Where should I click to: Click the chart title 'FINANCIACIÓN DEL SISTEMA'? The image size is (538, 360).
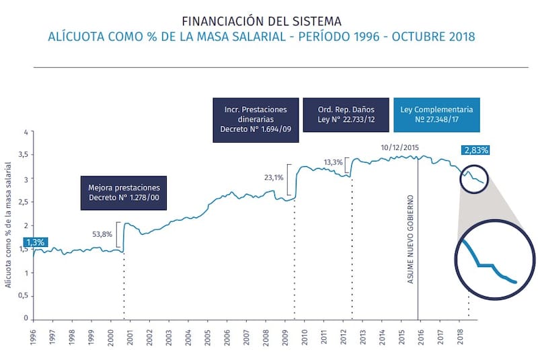(x=261, y=20)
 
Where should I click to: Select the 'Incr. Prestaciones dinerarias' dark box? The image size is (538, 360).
(x=250, y=118)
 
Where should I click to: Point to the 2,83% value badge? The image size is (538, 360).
(x=476, y=151)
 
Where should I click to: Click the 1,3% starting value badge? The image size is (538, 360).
(x=36, y=242)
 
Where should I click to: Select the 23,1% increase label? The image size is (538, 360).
(x=274, y=178)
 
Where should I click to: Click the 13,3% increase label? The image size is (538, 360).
(x=333, y=162)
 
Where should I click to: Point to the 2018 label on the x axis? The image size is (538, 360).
(x=460, y=336)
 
